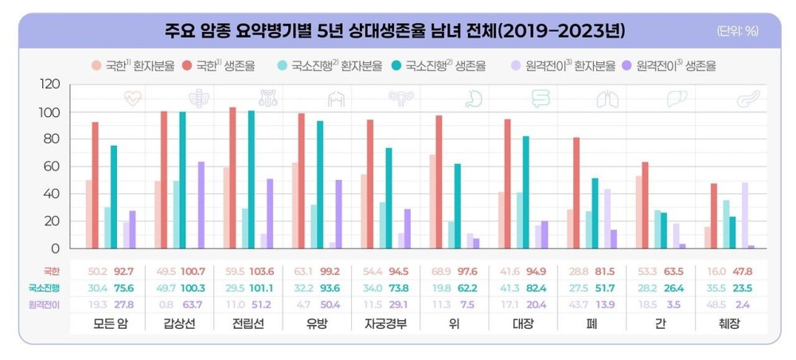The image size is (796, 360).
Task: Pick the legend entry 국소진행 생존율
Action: [445, 66]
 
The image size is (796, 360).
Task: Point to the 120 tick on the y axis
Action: [49, 84]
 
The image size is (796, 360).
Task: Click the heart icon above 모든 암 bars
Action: [132, 99]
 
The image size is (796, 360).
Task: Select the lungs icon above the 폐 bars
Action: [607, 99]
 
